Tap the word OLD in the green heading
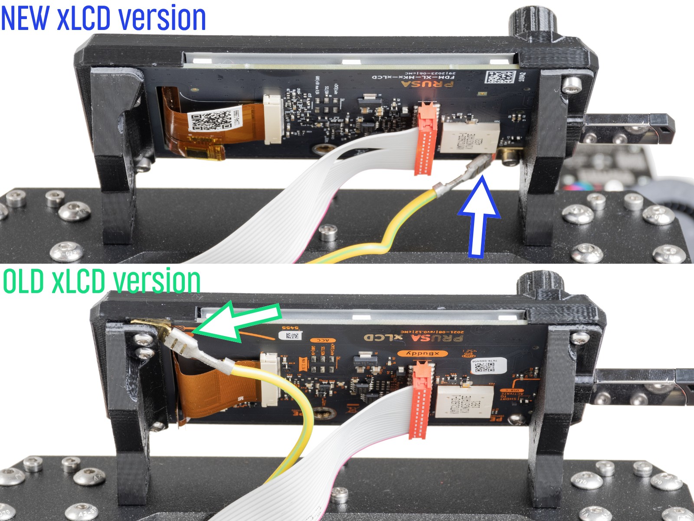click(x=24, y=281)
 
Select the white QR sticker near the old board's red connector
click(x=488, y=366)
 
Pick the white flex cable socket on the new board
click(x=273, y=119)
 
